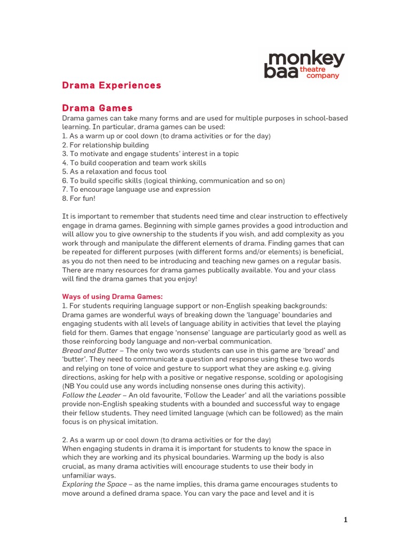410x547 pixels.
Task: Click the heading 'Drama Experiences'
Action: tap(112, 85)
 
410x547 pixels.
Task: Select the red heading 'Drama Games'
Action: tap(97, 108)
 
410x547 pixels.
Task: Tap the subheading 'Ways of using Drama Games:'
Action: tap(112, 296)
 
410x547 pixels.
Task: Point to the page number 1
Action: tap(345, 520)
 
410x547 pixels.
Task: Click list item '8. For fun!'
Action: tap(80, 198)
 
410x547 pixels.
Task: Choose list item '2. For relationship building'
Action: tap(105, 145)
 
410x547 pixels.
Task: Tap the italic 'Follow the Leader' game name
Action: tap(92, 395)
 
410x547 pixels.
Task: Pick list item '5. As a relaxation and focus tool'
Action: tap(114, 171)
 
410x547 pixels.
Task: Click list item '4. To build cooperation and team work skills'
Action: tap(134, 163)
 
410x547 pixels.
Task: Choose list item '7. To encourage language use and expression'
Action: tap(136, 190)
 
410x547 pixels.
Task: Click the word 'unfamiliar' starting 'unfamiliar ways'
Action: tap(80, 475)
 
